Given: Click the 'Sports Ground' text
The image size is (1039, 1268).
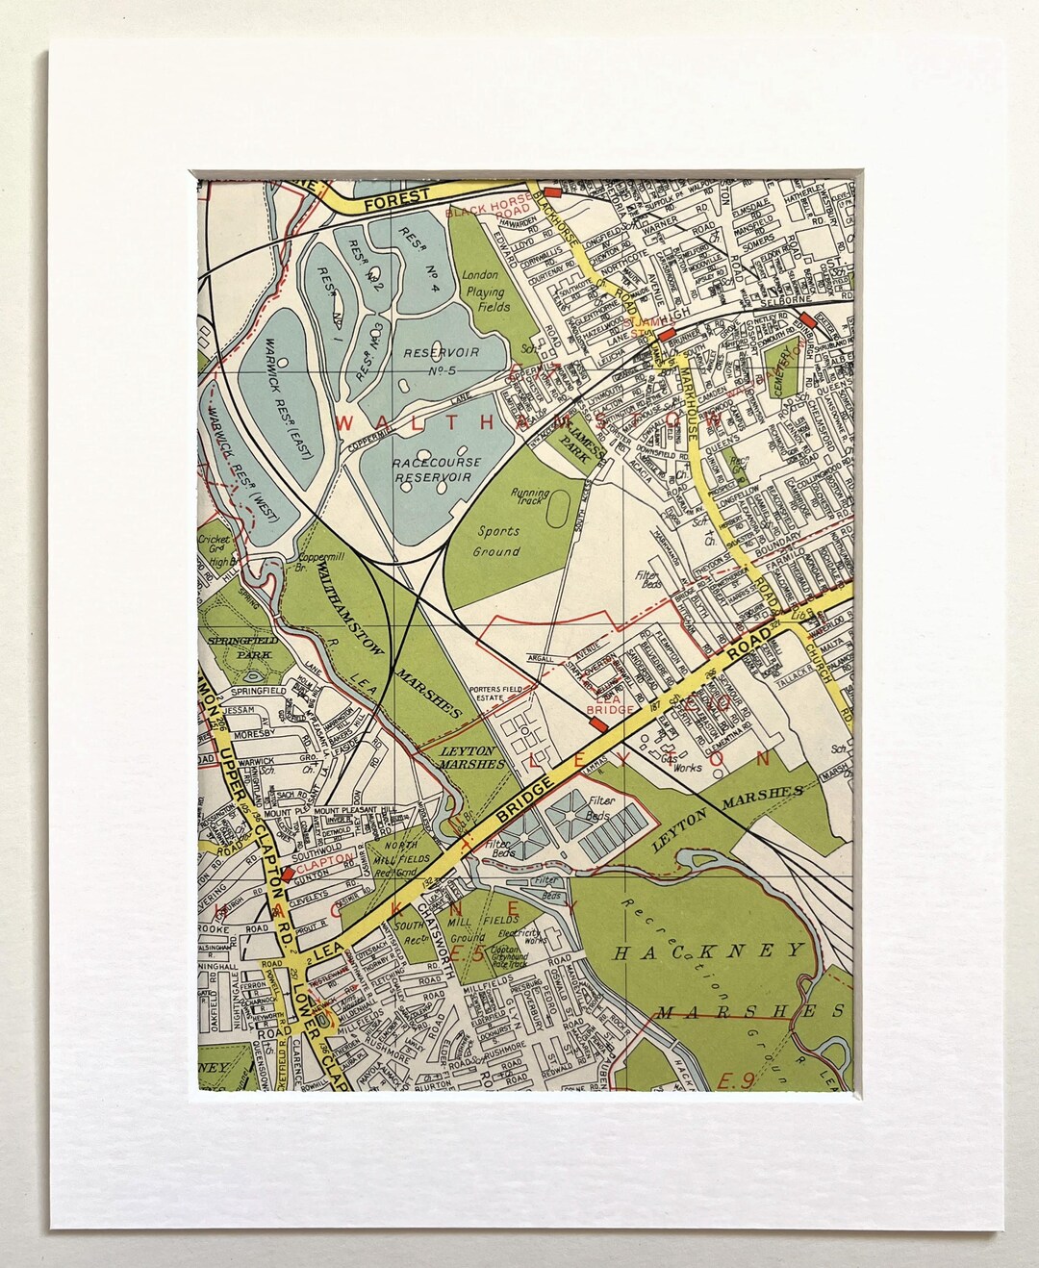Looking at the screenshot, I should [x=496, y=542].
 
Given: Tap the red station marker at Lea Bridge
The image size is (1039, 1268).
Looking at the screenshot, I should [x=598, y=720].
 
